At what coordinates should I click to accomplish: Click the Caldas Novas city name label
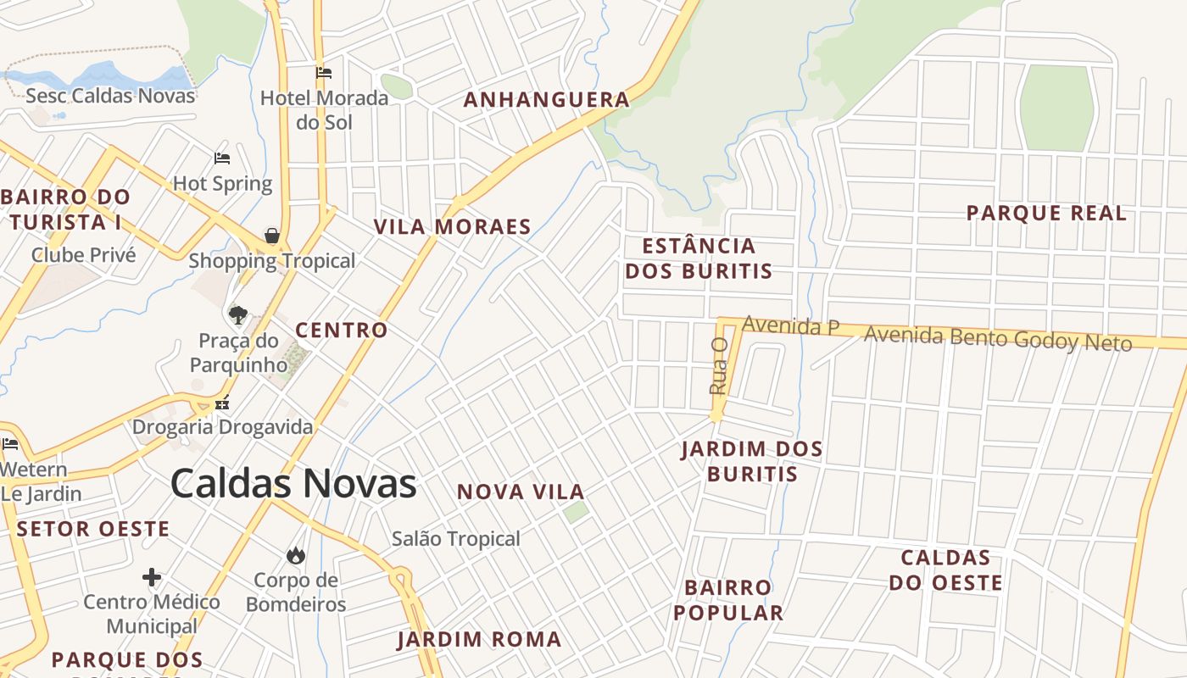tap(293, 484)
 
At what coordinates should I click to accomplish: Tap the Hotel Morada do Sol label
tap(324, 109)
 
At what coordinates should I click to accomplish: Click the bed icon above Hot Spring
tap(222, 158)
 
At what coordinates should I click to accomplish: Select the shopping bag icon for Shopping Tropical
tap(272, 236)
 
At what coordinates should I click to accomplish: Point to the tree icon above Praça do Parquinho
tap(238, 315)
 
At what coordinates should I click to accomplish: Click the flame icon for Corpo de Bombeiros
tap(295, 555)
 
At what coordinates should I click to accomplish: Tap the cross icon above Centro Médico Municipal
tap(152, 578)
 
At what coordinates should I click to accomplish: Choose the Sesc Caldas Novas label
tap(110, 95)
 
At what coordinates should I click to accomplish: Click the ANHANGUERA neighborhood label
tap(547, 100)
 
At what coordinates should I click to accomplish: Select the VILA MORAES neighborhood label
tap(453, 227)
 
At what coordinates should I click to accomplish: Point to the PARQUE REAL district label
tap(1047, 213)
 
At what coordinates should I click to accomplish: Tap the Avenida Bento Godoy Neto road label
tap(998, 339)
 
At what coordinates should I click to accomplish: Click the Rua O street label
tap(719, 366)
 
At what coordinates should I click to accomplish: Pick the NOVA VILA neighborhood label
tap(521, 492)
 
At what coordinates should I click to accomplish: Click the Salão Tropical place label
tap(456, 538)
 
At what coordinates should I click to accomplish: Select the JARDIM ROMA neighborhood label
tap(479, 639)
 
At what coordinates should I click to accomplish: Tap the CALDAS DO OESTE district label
tap(946, 570)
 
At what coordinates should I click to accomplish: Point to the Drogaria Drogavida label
tap(222, 427)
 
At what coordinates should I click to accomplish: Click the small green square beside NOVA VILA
tap(577, 511)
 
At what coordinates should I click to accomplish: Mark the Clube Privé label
tap(83, 254)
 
